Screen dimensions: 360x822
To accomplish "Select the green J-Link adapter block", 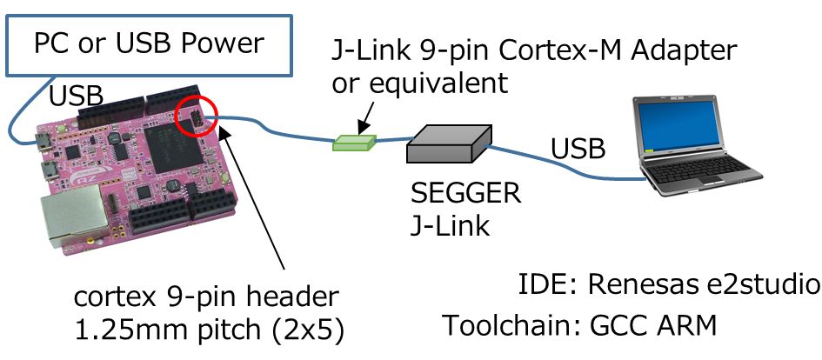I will pyautogui.click(x=354, y=141).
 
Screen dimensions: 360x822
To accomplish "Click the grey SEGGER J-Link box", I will pyautogui.click(x=446, y=144).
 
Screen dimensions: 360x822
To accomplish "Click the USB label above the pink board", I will pyautogui.click(x=77, y=97).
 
